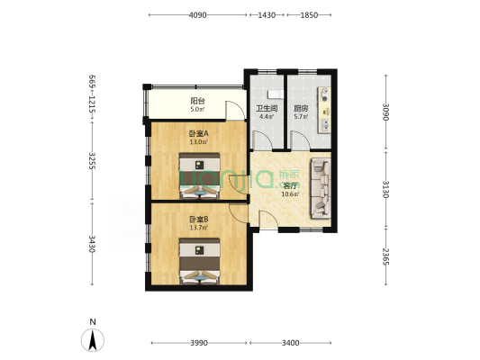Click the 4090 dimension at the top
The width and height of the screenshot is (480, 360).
pyautogui.click(x=198, y=15)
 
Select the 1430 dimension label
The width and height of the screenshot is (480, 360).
pyautogui.click(x=267, y=15)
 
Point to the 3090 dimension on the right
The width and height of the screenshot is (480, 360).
pyautogui.click(x=385, y=112)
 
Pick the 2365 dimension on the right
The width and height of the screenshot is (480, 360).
pyautogui.click(x=385, y=254)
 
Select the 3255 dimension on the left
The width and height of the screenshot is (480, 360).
pyautogui.click(x=91, y=162)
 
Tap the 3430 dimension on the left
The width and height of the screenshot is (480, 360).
pyautogui.click(x=91, y=243)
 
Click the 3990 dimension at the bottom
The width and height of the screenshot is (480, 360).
pyautogui.click(x=198, y=343)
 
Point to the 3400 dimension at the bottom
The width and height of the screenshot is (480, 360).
pyautogui.click(x=291, y=343)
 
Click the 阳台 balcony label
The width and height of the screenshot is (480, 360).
pyautogui.click(x=196, y=101)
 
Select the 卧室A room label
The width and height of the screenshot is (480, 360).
pyautogui.click(x=198, y=133)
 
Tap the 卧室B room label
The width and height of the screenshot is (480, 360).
pyautogui.click(x=198, y=219)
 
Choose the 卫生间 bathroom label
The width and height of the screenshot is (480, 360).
pyautogui.click(x=266, y=107)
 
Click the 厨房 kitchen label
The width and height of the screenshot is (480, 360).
pyautogui.click(x=301, y=107)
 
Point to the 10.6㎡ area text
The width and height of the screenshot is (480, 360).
pyautogui.click(x=289, y=193)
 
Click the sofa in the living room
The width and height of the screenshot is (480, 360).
pyautogui.click(x=320, y=188)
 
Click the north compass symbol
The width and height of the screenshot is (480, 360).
pyautogui.click(x=92, y=339)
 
